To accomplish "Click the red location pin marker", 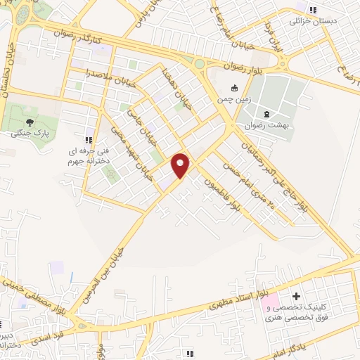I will pyautogui.click(x=181, y=165).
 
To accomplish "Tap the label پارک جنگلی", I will pyautogui.click(x=30, y=132).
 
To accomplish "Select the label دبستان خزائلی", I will pyautogui.click(x=314, y=20).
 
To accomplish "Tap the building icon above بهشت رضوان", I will pyautogui.click(x=266, y=114).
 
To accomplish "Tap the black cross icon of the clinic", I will pyautogui.click(x=296, y=297).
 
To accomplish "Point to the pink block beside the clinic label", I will pyautogui.click(x=269, y=306).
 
